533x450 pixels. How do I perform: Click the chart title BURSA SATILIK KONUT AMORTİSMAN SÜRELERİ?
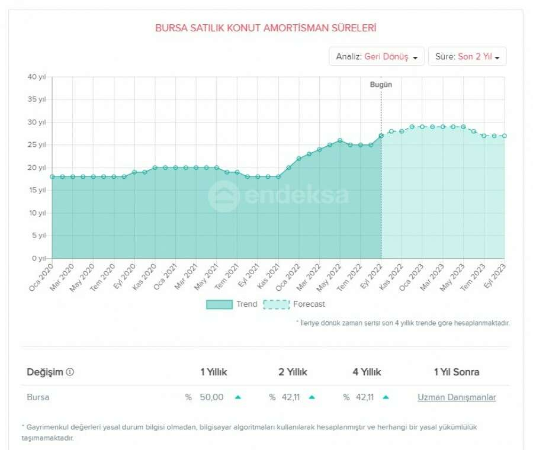(x=266, y=28)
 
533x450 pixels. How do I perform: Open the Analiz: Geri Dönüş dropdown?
(x=377, y=57)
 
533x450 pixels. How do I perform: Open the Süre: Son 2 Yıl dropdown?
(x=467, y=57)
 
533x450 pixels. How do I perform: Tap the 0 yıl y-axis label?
(x=38, y=259)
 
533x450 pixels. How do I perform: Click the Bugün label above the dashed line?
(x=381, y=85)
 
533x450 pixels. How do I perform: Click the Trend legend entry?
(x=232, y=304)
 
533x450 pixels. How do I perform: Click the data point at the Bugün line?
(x=381, y=136)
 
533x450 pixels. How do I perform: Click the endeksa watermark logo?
(x=278, y=196)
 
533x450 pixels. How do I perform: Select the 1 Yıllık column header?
(x=213, y=372)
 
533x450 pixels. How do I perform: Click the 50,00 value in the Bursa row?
(x=211, y=397)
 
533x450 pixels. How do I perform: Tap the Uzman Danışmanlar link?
(x=457, y=397)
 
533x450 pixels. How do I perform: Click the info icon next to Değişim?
(x=70, y=372)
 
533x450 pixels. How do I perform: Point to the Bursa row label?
(x=38, y=397)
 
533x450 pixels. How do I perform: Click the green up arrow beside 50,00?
(x=237, y=397)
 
